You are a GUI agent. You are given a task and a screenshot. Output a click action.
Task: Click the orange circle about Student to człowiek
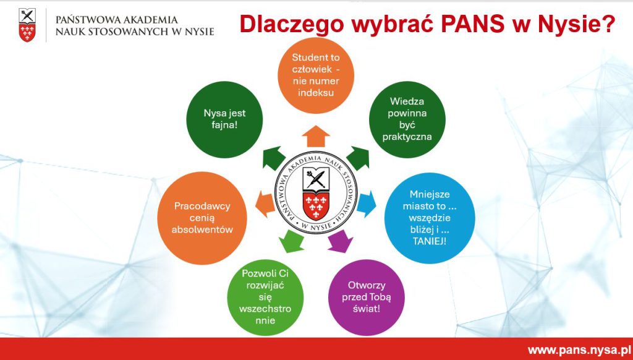[316, 75]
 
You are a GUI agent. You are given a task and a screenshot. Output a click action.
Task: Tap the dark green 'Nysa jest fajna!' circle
[224, 119]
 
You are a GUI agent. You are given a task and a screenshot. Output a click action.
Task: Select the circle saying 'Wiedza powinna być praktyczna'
[407, 119]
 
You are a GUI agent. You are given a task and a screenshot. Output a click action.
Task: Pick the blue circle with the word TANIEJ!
[430, 218]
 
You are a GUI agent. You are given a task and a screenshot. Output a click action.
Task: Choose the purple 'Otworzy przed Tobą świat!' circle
[366, 298]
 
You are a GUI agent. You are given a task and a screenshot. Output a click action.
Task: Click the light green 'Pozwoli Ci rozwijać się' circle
[265, 298]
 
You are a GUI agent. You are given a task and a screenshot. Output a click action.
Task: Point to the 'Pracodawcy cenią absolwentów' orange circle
[202, 218]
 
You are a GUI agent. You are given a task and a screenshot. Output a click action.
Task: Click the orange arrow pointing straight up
[316, 137]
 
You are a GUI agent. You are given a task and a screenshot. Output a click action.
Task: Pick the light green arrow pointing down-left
[292, 241]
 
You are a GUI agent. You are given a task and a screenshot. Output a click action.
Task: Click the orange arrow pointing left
[265, 204]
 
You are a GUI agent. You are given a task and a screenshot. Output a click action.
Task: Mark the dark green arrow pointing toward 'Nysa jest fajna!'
[274, 158]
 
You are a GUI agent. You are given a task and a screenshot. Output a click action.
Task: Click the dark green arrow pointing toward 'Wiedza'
[358, 158]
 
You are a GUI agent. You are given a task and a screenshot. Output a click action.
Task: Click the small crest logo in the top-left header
[27, 25]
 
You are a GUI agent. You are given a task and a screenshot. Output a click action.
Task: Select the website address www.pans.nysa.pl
[577, 350]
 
